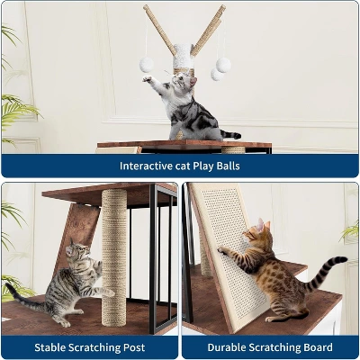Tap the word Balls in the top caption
[229, 166]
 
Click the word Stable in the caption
[49, 347]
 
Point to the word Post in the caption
[134, 347]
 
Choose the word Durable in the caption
[226, 347]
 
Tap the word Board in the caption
[318, 347]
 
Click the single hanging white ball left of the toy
[147, 65]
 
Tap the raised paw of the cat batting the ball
[147, 79]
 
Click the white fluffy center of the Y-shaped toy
[183, 57]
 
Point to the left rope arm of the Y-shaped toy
[159, 30]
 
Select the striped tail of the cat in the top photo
[230, 135]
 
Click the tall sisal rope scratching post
[114, 257]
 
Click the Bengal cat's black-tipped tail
[324, 274]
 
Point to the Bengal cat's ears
[263, 224]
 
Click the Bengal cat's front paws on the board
[223, 250]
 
